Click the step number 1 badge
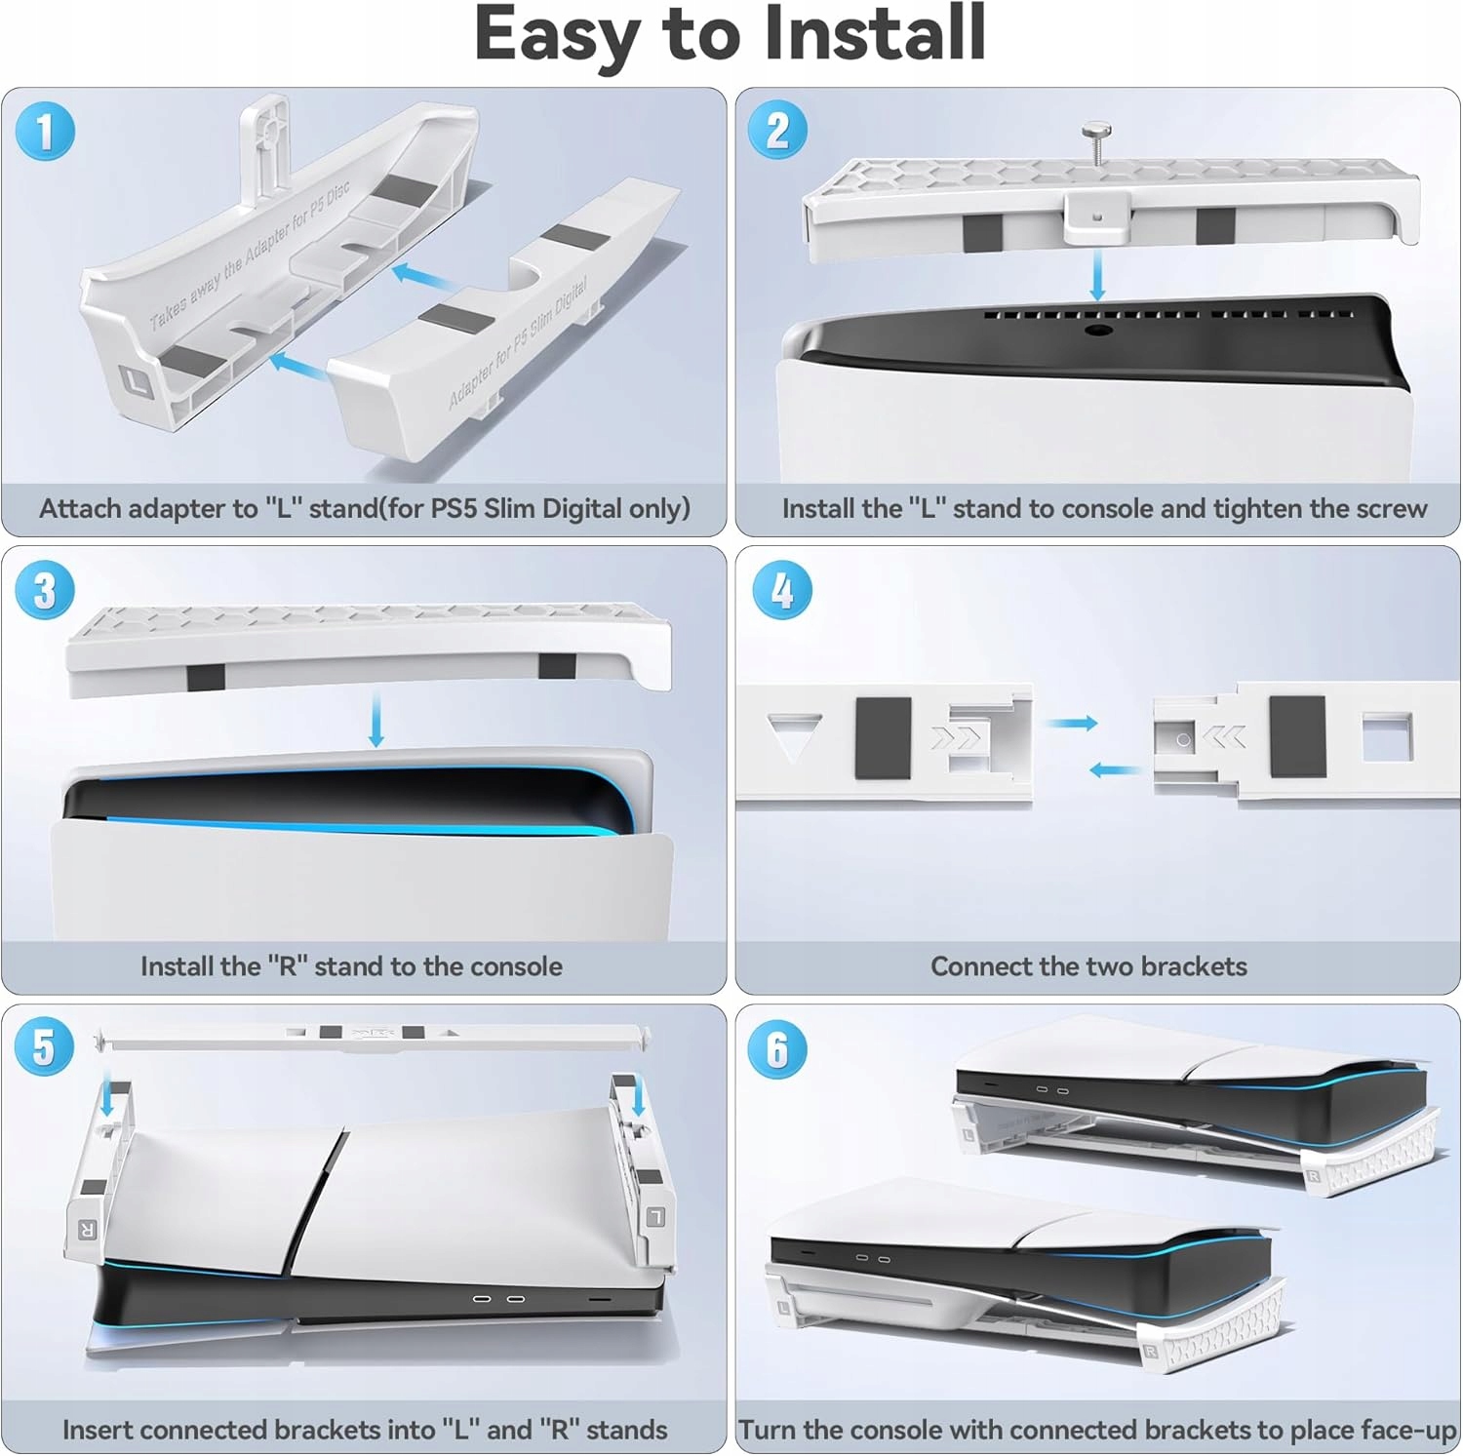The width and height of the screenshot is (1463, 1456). click(45, 131)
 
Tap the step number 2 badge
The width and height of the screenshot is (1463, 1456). click(777, 130)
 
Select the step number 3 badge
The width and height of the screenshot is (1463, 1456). click(45, 590)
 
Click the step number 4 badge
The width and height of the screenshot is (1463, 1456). click(782, 590)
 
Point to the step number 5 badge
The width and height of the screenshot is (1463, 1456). click(44, 1046)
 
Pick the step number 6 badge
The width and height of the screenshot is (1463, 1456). click(777, 1049)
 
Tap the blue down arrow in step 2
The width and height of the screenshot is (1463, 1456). click(1097, 275)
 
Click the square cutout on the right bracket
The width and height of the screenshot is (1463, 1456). click(1386, 736)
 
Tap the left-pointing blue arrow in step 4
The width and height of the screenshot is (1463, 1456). click(1114, 770)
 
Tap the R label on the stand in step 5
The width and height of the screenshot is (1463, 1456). click(87, 1229)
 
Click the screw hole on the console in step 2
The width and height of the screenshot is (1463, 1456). click(1099, 331)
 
